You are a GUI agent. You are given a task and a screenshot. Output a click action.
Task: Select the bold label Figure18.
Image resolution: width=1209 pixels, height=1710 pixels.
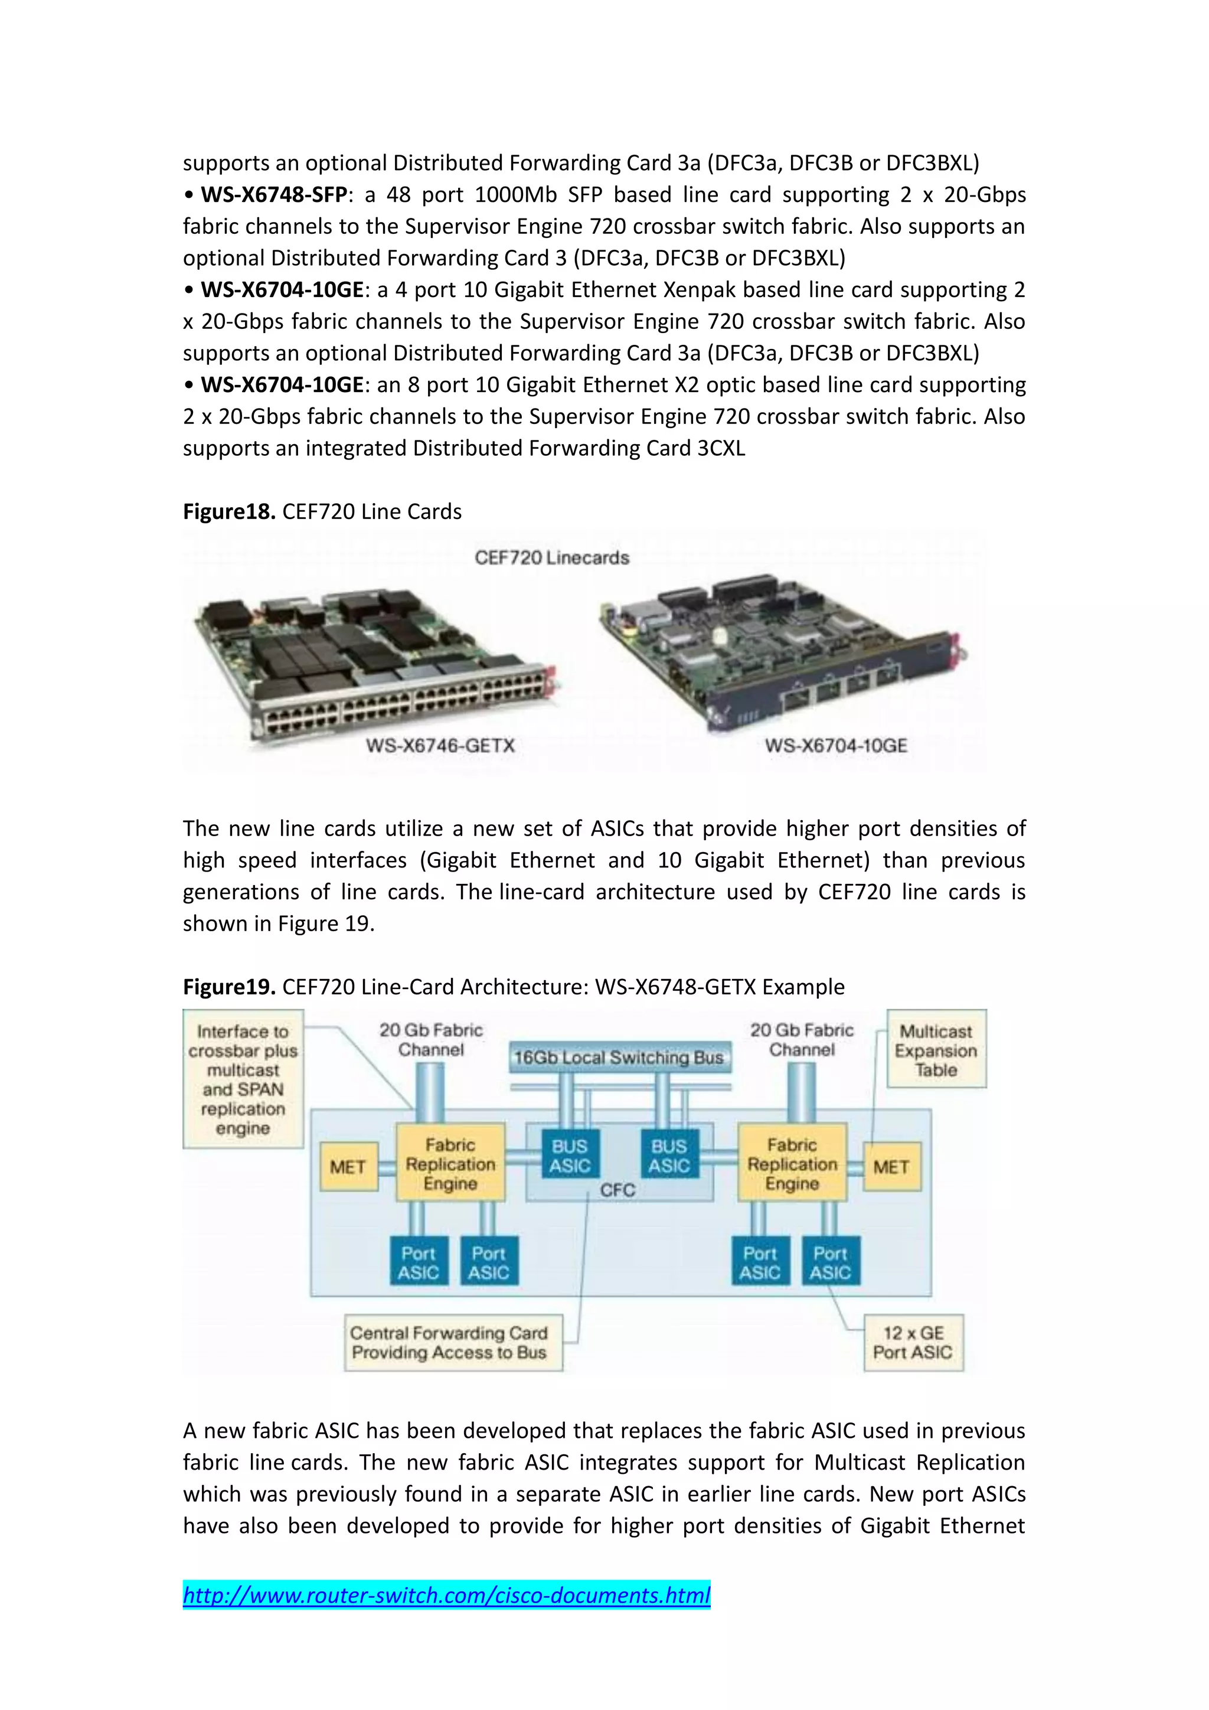point(229,512)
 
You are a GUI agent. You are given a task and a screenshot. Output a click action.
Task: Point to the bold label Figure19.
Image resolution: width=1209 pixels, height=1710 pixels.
point(229,987)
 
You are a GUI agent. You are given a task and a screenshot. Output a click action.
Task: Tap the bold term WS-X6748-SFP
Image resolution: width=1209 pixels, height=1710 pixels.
point(274,195)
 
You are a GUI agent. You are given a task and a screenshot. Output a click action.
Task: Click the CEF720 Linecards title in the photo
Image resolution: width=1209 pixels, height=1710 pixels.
point(551,558)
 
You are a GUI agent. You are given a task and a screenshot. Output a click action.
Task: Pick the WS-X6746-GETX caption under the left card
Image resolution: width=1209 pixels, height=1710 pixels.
point(440,746)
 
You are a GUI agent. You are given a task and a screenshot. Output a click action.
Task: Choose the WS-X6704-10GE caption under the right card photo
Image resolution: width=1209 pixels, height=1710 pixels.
point(836,746)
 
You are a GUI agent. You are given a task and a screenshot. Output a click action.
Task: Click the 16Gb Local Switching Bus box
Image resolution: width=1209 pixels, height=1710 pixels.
point(619,1058)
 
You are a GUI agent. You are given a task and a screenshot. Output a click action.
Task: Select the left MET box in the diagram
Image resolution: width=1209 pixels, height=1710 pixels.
point(348,1166)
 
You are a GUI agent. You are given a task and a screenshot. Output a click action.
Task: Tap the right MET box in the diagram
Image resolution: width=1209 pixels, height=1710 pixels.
point(891,1166)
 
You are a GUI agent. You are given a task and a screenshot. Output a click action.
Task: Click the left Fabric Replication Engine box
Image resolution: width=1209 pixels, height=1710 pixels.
point(450,1163)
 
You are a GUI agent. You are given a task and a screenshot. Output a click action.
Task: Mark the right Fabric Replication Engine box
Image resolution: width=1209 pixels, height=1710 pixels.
point(792,1163)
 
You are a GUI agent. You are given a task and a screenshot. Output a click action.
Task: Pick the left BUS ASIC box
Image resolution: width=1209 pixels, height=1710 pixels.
point(570,1156)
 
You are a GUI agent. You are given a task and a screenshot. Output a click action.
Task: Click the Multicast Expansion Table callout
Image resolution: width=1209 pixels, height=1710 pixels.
point(936,1050)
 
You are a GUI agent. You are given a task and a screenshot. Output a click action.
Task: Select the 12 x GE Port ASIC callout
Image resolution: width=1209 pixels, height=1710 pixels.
point(913,1343)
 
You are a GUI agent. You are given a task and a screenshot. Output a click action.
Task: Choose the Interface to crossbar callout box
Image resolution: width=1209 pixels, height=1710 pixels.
point(243,1079)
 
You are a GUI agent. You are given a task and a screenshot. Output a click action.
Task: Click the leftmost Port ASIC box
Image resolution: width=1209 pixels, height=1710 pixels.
point(419,1262)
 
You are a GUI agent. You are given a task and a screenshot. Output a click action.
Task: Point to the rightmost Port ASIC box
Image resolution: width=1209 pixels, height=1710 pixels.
point(830,1262)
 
